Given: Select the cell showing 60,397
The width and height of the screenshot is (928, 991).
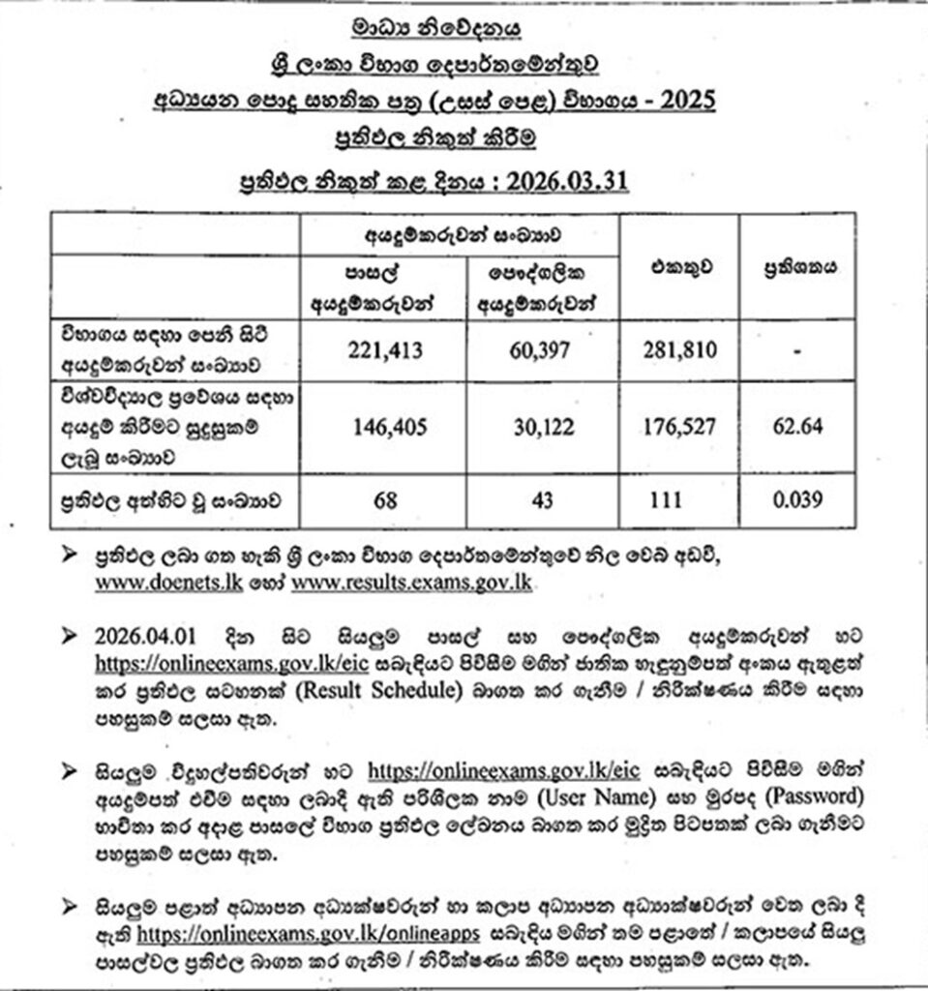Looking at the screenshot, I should click(542, 353).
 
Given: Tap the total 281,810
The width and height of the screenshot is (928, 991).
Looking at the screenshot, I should click(678, 353).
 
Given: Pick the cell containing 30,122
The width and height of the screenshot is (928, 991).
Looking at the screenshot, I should click(542, 426).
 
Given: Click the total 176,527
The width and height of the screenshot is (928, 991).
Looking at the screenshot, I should click(678, 426).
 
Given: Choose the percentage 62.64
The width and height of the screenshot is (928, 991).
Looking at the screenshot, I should click(797, 426).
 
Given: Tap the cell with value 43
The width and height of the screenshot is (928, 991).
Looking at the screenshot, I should click(542, 499).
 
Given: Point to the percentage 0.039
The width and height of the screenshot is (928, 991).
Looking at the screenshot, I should click(797, 499).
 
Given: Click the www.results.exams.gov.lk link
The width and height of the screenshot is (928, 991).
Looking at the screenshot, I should click(412, 584).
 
